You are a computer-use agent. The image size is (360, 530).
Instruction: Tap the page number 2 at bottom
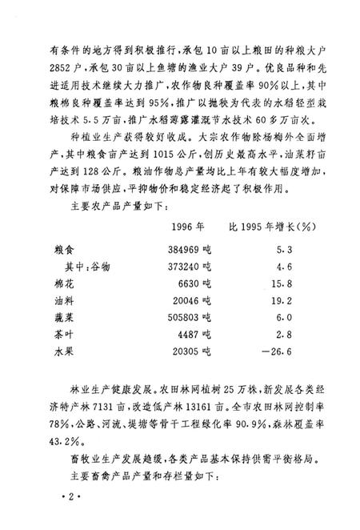pos(70,499)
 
